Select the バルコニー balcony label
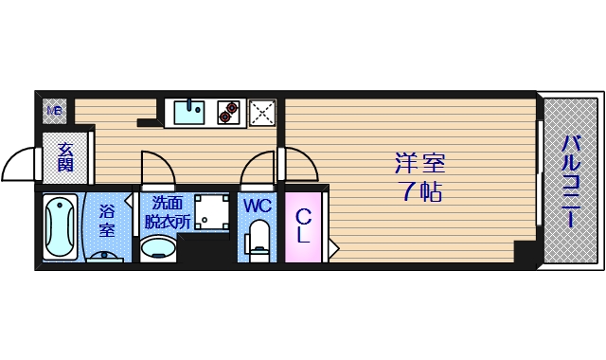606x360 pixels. (571, 180)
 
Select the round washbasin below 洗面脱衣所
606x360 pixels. (158, 248)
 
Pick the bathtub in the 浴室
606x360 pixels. (60, 227)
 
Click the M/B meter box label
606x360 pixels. (54, 111)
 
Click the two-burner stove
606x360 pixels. (228, 112)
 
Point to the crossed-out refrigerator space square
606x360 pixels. (262, 112)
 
